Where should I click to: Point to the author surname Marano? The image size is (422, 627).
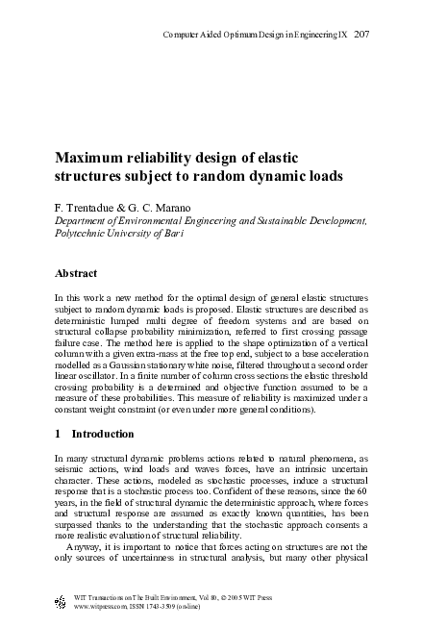(172, 207)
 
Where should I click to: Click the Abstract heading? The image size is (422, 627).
(77, 273)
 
